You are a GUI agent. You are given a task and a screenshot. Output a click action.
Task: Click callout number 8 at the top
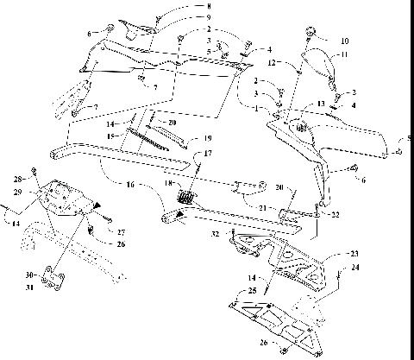(207, 7)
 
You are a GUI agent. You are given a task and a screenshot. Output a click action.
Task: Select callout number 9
(207, 17)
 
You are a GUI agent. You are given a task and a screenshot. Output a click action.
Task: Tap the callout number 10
(345, 41)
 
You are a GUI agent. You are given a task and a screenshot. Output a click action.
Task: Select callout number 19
(207, 138)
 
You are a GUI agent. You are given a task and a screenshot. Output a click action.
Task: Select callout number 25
(253, 291)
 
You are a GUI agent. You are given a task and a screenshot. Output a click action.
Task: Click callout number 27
(122, 232)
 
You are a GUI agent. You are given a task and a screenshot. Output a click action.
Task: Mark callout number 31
(31, 287)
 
